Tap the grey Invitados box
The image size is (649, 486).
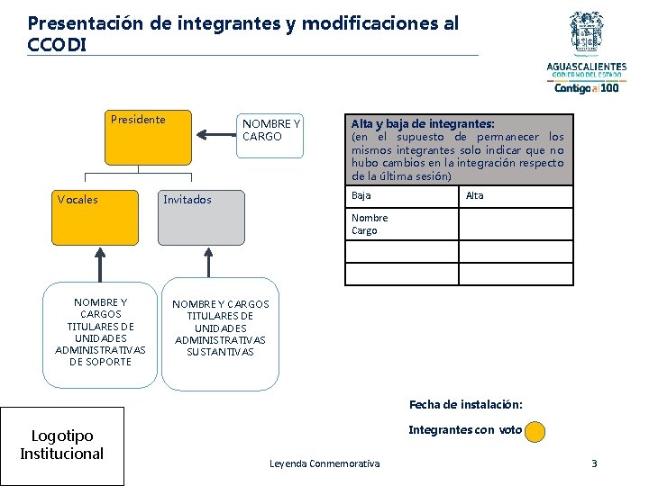pyautogui.click(x=201, y=217)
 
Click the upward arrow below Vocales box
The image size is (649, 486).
pyautogui.click(x=99, y=265)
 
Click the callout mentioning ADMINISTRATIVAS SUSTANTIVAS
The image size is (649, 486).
pyautogui.click(x=220, y=333)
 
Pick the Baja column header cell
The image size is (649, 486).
pyautogui.click(x=401, y=196)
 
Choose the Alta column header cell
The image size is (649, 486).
pyautogui.click(x=516, y=196)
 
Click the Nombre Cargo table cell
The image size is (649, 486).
pyautogui.click(x=401, y=224)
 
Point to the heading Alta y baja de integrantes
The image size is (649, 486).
pyautogui.click(x=423, y=123)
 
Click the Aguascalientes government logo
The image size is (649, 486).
pyautogui.click(x=587, y=51)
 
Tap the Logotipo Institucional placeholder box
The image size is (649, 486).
pyautogui.click(x=62, y=445)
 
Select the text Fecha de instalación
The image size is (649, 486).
pyautogui.click(x=465, y=404)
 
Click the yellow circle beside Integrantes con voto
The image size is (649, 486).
pyautogui.click(x=535, y=431)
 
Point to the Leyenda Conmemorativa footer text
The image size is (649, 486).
pyautogui.click(x=324, y=463)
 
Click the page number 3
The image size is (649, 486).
pyautogui.click(x=593, y=463)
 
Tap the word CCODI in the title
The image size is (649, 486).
pyautogui.click(x=58, y=44)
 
